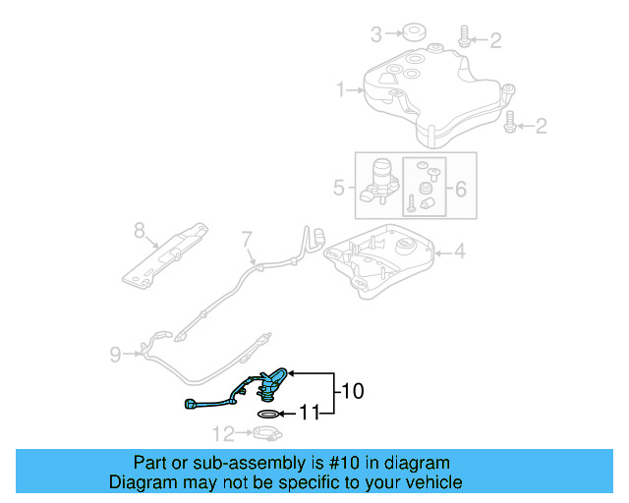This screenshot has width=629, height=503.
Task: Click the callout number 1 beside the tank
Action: [342, 90]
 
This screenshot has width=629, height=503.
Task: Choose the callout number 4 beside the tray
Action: [459, 252]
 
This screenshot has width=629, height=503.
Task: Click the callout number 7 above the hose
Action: [247, 238]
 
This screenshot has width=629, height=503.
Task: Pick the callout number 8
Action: [139, 231]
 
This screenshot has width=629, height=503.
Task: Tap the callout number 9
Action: [115, 354]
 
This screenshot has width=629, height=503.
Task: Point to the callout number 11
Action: [310, 414]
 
